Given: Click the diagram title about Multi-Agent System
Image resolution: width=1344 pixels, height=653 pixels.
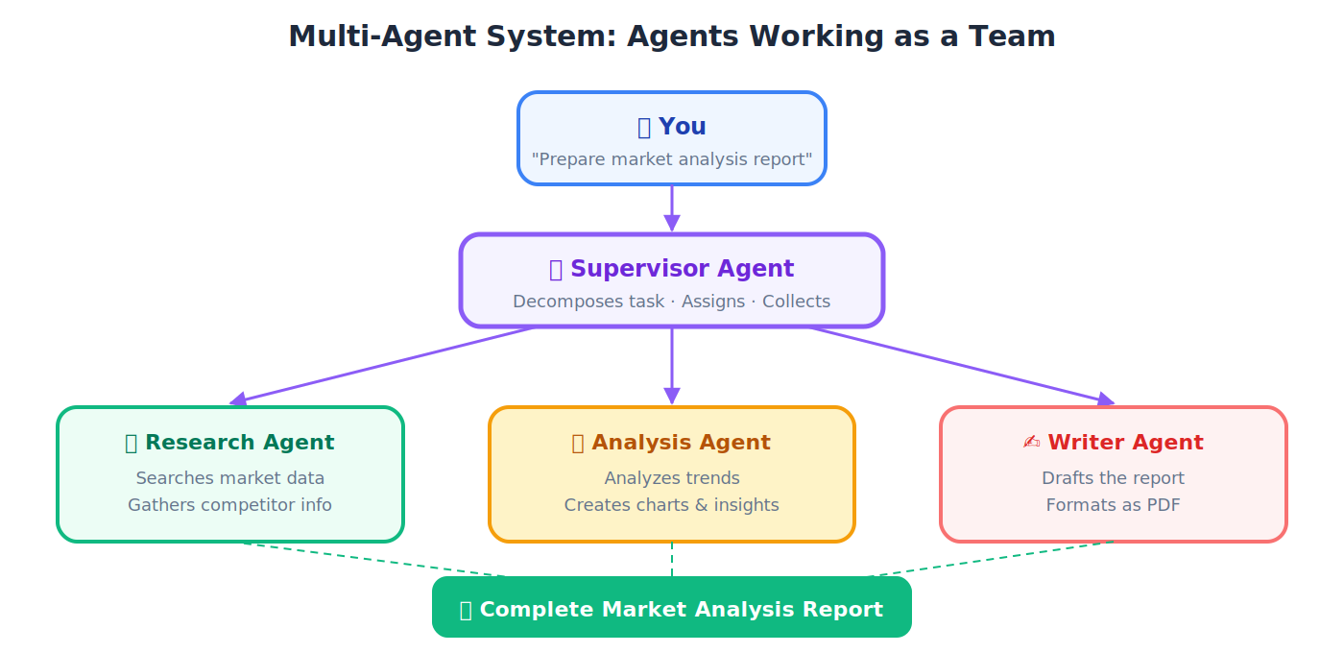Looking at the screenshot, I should click(672, 36).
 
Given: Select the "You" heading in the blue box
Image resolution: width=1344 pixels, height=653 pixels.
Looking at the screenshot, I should click(672, 127).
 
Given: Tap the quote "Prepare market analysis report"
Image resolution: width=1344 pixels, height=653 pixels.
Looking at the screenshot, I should click(672, 159).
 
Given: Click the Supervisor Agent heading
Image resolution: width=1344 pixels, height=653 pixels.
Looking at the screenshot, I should click(672, 269).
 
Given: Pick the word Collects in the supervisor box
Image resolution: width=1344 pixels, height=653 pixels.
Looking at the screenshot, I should click(796, 302).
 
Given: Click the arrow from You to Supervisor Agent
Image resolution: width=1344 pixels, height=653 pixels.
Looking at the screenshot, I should click(672, 207).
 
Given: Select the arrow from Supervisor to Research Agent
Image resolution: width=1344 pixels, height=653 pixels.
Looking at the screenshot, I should click(384, 366).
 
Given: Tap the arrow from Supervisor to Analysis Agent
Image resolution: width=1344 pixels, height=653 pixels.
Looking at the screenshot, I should click(672, 365).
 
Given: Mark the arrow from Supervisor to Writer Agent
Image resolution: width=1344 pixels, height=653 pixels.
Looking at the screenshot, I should click(960, 366).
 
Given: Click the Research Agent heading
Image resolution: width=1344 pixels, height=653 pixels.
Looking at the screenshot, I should click(230, 443).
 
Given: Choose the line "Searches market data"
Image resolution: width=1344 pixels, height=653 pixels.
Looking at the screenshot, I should click(230, 478).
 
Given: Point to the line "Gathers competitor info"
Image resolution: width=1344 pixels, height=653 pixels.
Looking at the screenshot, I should click(230, 505).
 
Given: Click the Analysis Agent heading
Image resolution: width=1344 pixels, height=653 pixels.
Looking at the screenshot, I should click(672, 443).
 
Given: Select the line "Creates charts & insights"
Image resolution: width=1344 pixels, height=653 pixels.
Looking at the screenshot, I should click(672, 505).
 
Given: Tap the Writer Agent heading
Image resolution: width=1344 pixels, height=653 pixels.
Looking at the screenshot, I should click(1114, 443).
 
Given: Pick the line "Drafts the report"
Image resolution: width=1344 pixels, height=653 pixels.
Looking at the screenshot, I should click(1114, 478).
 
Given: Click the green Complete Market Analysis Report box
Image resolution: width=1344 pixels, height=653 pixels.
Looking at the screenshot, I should click(672, 609).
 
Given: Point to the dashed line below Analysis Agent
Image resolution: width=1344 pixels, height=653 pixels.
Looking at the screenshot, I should click(672, 559).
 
